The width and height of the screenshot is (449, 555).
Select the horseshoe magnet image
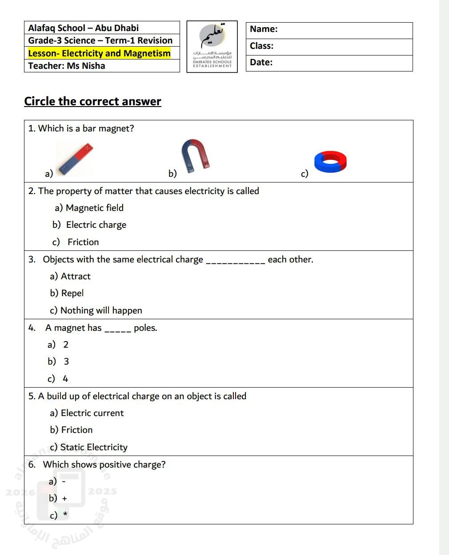[x=195, y=155]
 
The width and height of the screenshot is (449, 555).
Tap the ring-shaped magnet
[x=330, y=161]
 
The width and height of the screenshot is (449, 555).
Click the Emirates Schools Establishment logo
[x=212, y=47]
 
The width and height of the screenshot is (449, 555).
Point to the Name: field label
[x=264, y=29]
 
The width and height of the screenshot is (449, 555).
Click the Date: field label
[x=261, y=63]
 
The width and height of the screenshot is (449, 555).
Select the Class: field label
[x=261, y=46]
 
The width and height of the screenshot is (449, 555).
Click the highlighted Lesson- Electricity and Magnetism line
[x=99, y=53]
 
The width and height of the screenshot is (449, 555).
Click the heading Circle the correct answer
[x=92, y=101]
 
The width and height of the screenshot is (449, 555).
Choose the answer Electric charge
[x=96, y=225]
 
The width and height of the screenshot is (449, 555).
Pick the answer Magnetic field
[x=94, y=208]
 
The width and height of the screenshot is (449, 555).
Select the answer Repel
[x=72, y=293]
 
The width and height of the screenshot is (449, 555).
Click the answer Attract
[x=76, y=276]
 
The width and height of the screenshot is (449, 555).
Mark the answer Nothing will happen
[x=101, y=310]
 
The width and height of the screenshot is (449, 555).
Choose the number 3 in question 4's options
[x=66, y=361]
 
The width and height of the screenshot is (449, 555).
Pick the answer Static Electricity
[x=94, y=447]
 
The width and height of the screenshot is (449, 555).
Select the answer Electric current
[x=92, y=413]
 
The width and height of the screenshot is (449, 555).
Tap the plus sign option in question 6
[x=64, y=499]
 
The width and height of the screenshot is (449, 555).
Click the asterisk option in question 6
[x=65, y=515]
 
